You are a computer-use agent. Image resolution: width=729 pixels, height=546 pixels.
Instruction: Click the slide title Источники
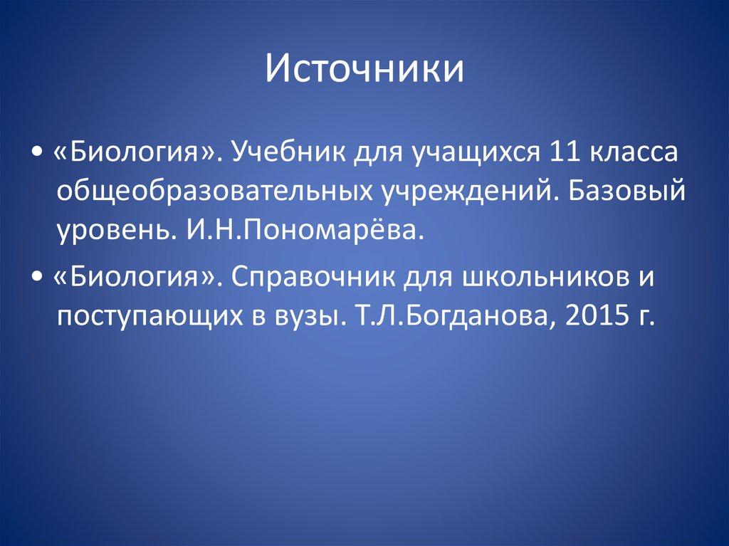pyautogui.click(x=364, y=69)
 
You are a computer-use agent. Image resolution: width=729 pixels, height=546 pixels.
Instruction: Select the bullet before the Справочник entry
pyautogui.click(x=37, y=277)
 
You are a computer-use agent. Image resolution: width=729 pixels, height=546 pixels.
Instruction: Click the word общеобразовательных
pyautogui.click(x=214, y=191)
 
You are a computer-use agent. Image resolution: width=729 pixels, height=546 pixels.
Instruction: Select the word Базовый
pyautogui.click(x=626, y=191)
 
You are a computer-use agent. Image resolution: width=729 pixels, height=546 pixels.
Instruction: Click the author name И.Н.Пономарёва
pyautogui.click(x=306, y=229)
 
